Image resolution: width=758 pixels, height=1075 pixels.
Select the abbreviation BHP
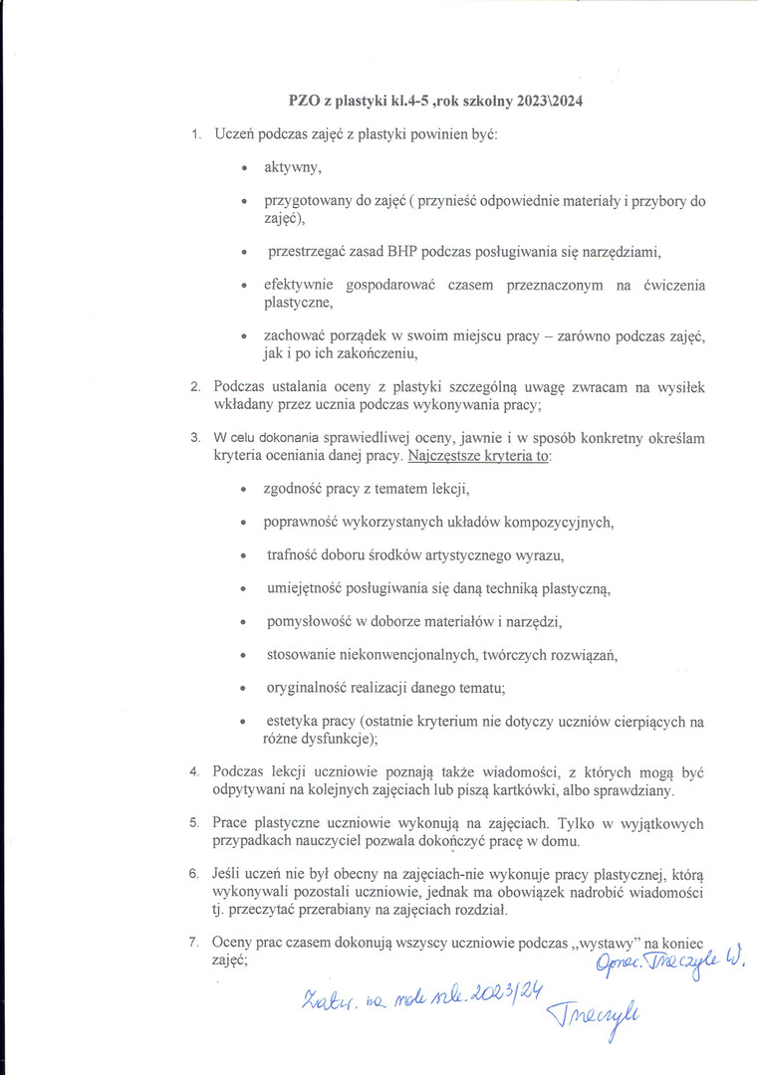click(402, 249)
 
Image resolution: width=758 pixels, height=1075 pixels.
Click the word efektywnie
click(299, 286)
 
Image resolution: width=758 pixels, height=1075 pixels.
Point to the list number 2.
click(195, 387)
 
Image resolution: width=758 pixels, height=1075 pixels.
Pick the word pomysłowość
click(308, 622)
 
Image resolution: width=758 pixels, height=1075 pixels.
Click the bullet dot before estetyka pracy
click(243, 722)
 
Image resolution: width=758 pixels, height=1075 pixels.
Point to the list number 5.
click(195, 823)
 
